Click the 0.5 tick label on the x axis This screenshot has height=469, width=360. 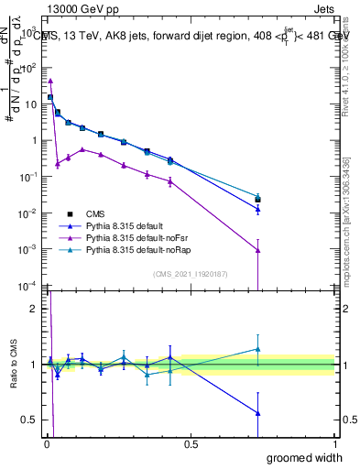pyautogui.click(x=191, y=442)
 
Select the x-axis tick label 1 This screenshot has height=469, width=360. pyautogui.click(x=334, y=442)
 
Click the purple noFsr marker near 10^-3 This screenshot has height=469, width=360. pyautogui.click(x=258, y=250)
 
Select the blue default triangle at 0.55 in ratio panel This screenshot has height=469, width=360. pyautogui.click(x=258, y=413)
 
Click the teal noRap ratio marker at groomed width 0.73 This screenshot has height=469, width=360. pyautogui.click(x=258, y=349)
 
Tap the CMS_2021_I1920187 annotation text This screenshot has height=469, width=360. pyautogui.click(x=191, y=274)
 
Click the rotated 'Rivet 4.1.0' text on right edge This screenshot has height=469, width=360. pyautogui.click(x=347, y=64)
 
